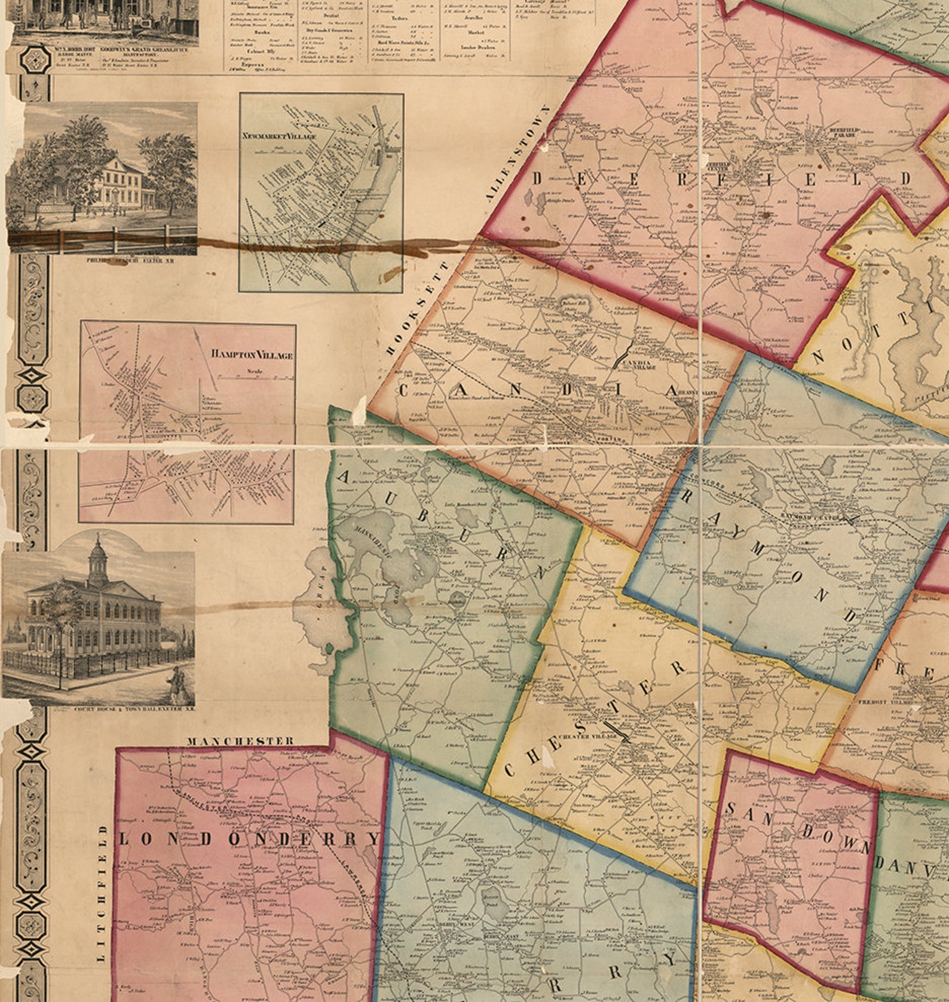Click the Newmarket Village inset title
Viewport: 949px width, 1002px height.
279,136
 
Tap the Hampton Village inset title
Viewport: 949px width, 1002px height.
252,355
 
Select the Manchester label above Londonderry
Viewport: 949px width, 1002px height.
240,741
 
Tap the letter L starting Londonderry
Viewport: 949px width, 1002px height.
125,839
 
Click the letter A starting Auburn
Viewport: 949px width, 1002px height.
345,476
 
